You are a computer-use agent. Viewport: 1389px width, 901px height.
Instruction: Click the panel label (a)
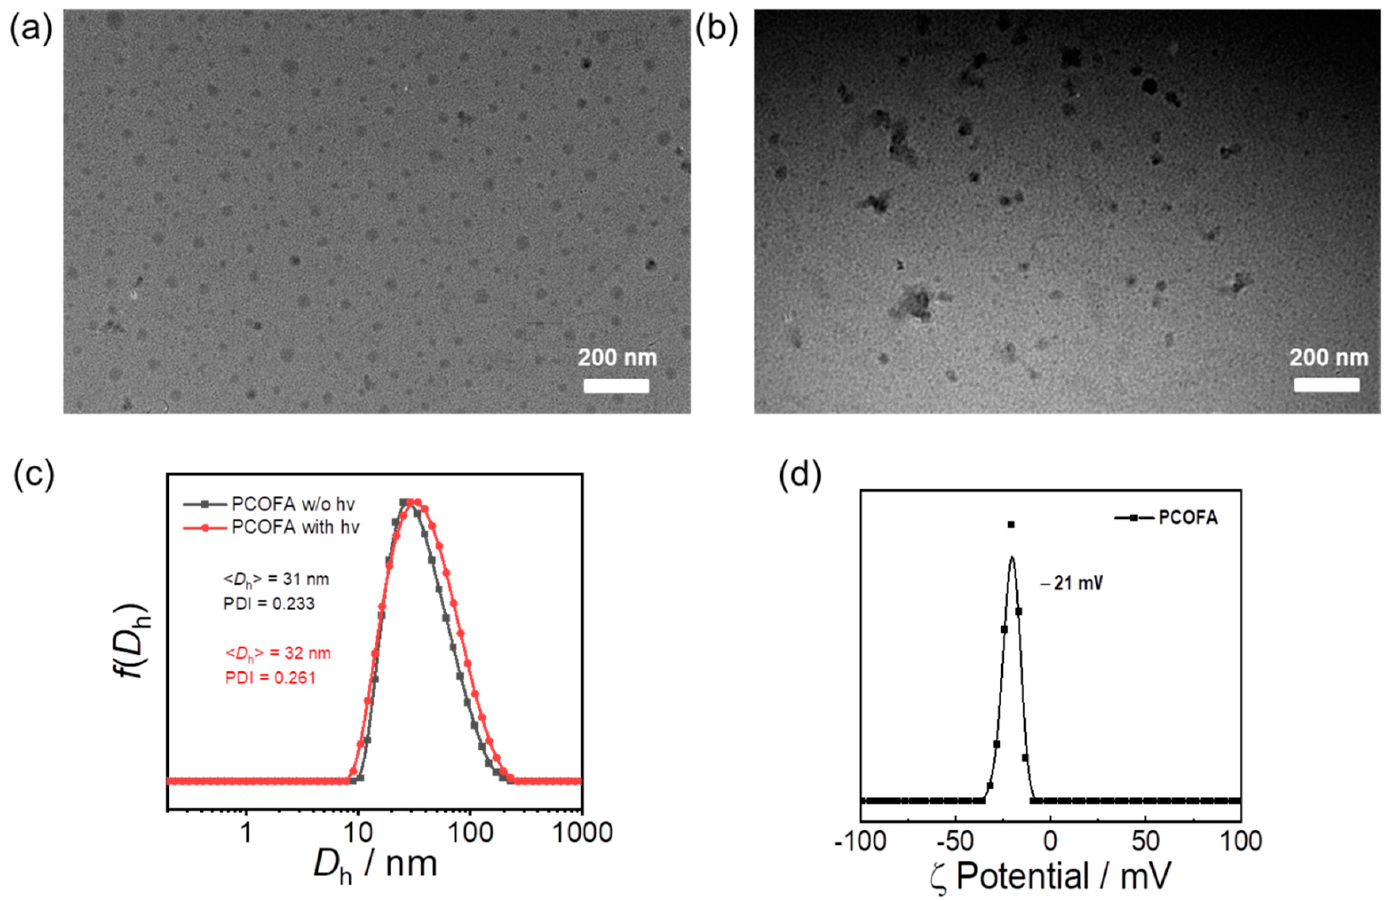pos(30,29)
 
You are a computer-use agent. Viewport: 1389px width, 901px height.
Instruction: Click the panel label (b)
pos(716,29)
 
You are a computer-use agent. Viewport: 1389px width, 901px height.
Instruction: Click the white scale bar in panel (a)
pos(616,386)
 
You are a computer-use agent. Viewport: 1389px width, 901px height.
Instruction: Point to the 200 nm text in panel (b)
pos(1328,358)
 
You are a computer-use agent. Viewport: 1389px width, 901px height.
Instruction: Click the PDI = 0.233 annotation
pos(269,604)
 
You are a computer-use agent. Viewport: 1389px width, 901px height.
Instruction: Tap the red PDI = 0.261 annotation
pos(270,678)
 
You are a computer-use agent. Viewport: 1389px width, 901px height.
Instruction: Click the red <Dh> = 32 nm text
pos(278,653)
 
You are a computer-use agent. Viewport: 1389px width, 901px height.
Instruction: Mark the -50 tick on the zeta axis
pos(955,841)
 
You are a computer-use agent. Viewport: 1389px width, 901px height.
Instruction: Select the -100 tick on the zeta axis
pos(861,841)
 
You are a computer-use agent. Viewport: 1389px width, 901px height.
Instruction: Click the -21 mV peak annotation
pos(1072,583)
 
